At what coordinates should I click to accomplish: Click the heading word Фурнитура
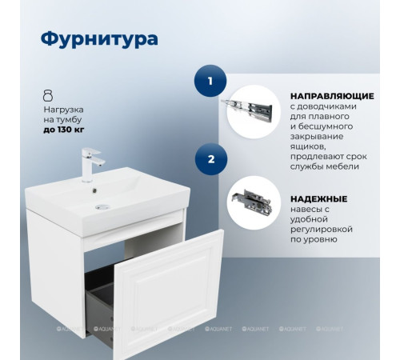point(98,38)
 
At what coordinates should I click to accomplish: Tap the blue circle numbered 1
point(210,81)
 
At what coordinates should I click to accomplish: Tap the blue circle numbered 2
point(210,159)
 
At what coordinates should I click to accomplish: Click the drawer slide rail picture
point(253,107)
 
